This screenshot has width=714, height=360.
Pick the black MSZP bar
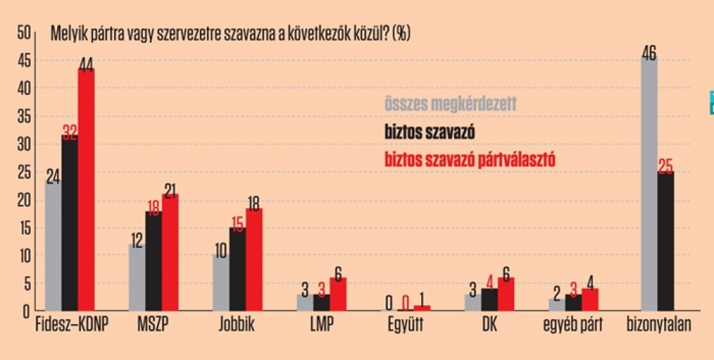pos(154,261)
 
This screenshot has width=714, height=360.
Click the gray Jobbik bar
pos(221,283)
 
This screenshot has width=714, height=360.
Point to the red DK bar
pos(506,294)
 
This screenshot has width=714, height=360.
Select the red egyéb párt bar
pos(590,300)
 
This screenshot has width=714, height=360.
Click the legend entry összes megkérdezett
pos(450,104)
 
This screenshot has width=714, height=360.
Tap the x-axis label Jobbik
pos(236,326)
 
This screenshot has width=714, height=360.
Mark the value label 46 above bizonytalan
pos(650,51)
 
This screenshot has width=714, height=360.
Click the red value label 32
pos(69,131)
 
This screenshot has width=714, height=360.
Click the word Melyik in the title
pos(66,33)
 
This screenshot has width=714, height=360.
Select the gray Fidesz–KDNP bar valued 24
pos(53,246)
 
